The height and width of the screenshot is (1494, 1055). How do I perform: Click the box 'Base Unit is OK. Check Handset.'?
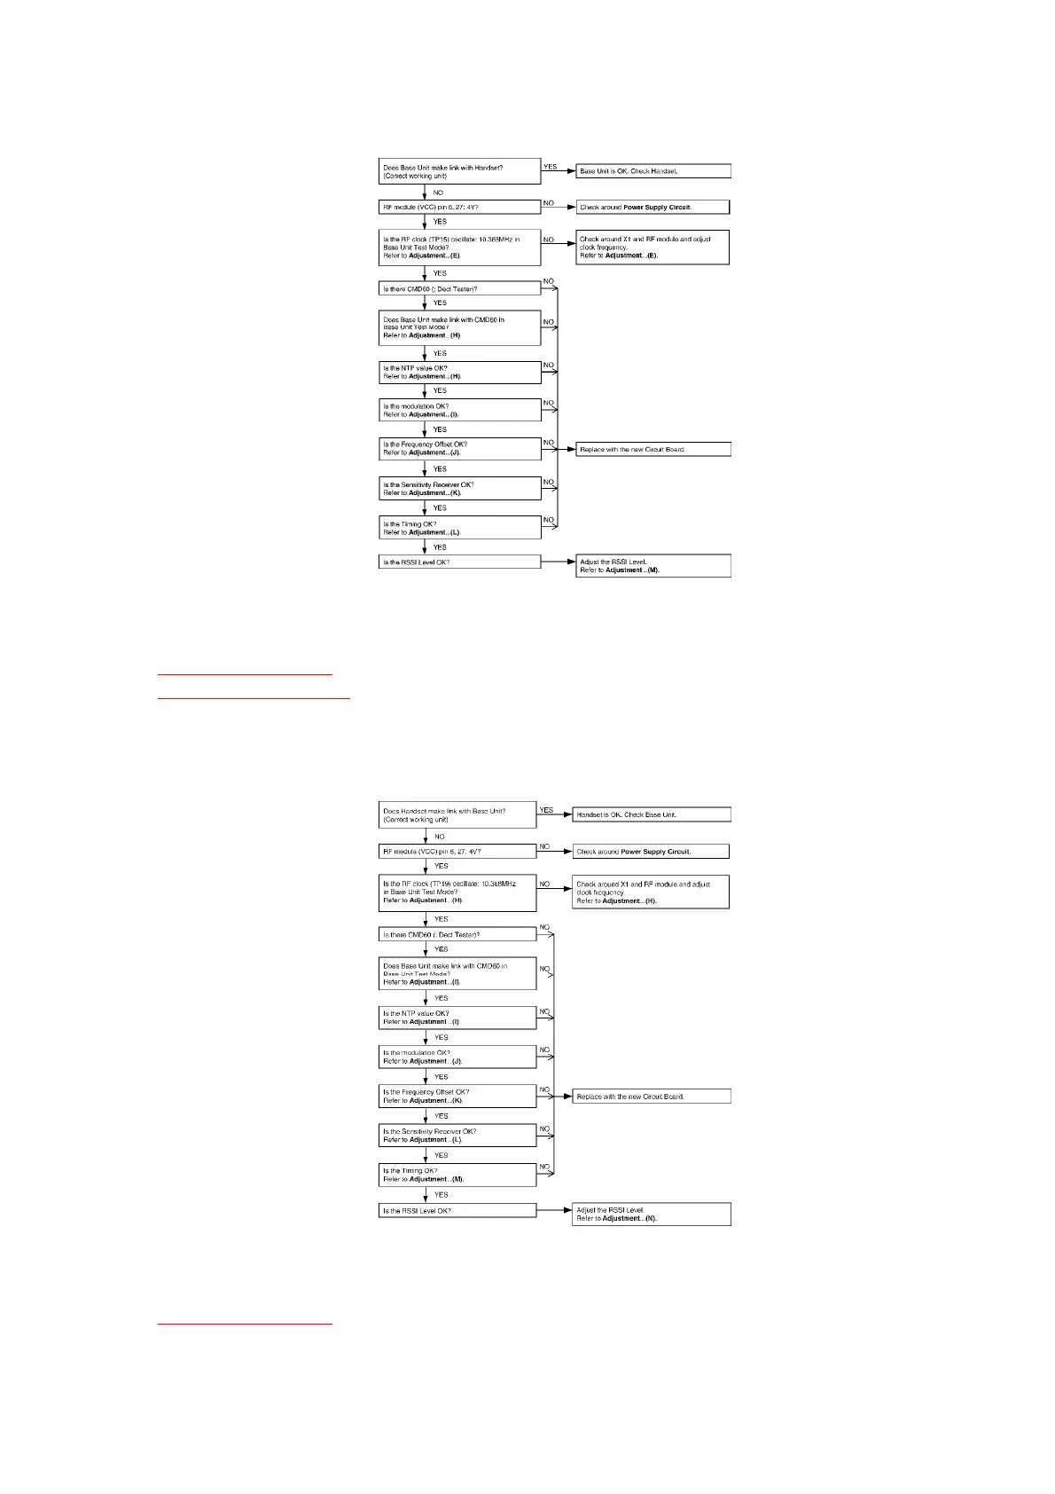click(x=653, y=171)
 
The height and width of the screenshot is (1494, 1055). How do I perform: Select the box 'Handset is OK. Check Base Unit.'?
click(x=652, y=814)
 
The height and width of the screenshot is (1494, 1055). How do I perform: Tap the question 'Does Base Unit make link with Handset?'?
click(x=459, y=171)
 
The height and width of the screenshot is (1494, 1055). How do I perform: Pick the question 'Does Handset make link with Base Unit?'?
click(x=457, y=815)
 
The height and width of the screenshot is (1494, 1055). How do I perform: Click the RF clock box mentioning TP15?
click(x=459, y=248)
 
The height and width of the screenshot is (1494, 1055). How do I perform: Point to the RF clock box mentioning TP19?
click(x=457, y=892)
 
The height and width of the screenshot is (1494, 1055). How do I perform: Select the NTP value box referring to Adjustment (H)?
click(x=459, y=373)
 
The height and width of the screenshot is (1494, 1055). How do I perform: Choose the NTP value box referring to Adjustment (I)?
click(x=457, y=1018)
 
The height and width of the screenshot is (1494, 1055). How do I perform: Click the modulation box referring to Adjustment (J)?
click(x=457, y=1057)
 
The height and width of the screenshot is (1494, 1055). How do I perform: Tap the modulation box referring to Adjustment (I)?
click(x=459, y=410)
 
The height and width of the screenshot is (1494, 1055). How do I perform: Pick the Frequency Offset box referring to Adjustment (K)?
click(x=457, y=1097)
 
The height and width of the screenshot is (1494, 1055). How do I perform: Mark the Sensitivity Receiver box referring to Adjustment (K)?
click(x=459, y=489)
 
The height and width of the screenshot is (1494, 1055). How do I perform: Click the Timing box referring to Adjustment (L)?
click(x=459, y=528)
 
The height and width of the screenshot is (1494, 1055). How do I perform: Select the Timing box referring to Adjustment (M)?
click(x=457, y=1175)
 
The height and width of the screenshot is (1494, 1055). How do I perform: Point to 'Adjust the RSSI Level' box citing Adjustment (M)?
click(x=653, y=566)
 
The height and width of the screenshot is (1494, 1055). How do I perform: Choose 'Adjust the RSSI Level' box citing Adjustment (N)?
click(x=652, y=1215)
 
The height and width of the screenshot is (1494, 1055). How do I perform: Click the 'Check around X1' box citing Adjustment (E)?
click(x=653, y=248)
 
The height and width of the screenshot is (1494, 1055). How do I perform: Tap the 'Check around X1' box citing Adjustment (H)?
click(x=652, y=892)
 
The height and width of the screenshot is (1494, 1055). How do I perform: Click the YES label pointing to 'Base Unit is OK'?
click(x=550, y=167)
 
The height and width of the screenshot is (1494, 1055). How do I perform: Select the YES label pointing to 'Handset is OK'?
click(x=546, y=810)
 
